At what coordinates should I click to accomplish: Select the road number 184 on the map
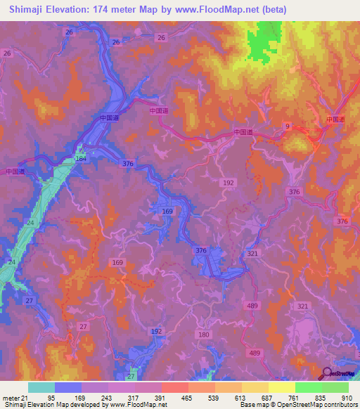[x=81, y=159]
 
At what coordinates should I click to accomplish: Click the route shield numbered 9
[x=287, y=126]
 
